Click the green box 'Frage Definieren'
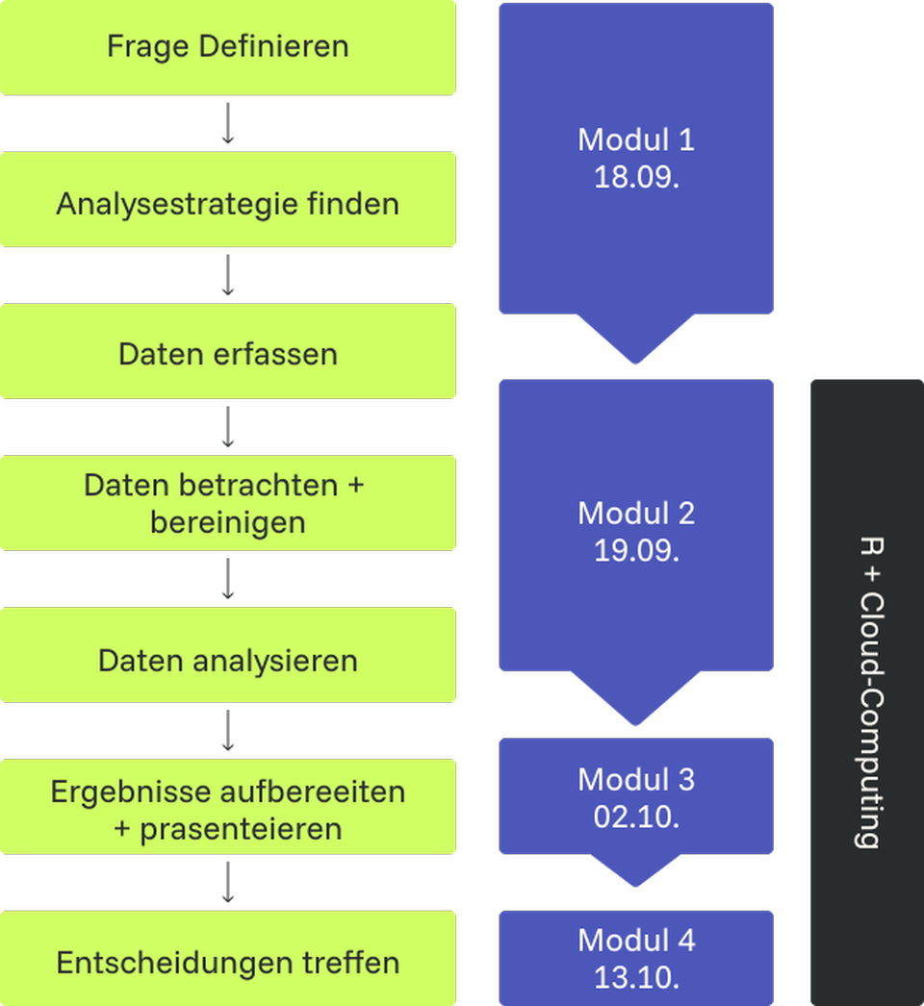(227, 46)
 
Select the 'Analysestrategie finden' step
(227, 204)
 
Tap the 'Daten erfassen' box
(227, 353)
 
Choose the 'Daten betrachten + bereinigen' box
(227, 503)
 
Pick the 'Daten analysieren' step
(227, 661)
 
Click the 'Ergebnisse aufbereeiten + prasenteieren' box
(227, 810)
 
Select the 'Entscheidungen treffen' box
(227, 963)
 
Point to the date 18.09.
(636, 178)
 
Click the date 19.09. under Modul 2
(636, 551)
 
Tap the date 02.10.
(636, 817)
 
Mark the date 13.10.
(636, 977)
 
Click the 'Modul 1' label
(636, 140)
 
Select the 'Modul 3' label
(636, 779)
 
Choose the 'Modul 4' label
(636, 940)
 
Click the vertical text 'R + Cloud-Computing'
(868, 692)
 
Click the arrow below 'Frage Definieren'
(228, 124)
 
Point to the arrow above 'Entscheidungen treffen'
(228, 882)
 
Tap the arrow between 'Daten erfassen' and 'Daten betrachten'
(228, 427)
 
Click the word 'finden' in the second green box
(361, 204)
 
